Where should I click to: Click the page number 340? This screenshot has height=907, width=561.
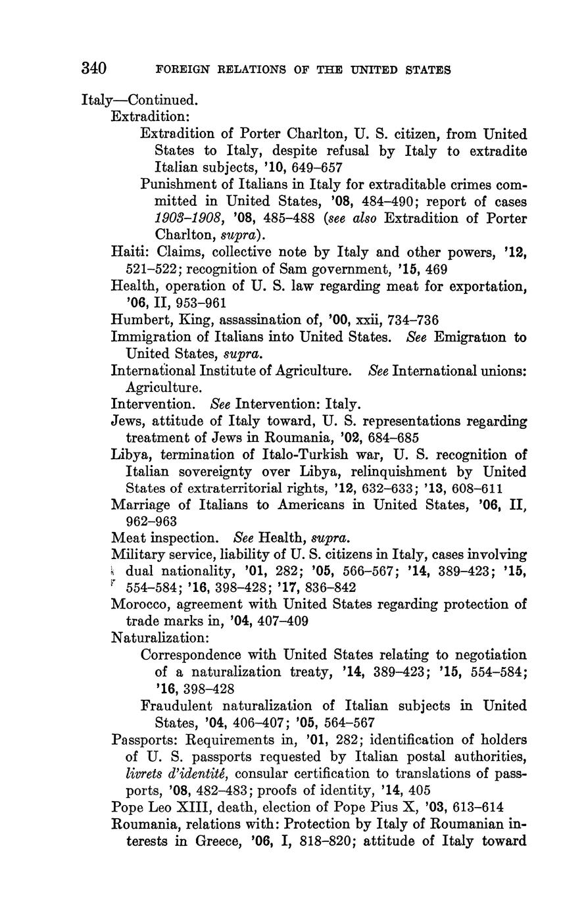click(x=94, y=68)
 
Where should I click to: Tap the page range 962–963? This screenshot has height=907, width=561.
click(x=151, y=522)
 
